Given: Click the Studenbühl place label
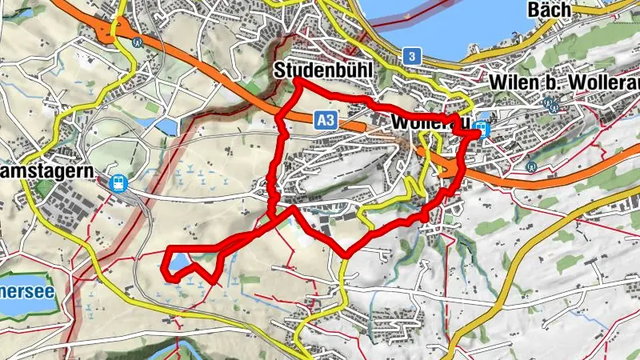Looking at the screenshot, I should pyautogui.click(x=324, y=70).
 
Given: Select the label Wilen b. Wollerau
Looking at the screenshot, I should pyautogui.click(x=563, y=82).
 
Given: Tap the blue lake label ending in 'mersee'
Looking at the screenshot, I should pyautogui.click(x=26, y=291).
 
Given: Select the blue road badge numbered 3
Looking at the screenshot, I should pyautogui.click(x=411, y=55).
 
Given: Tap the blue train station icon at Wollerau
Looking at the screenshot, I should pyautogui.click(x=482, y=128).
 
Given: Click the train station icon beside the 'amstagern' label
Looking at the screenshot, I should pyautogui.click(x=118, y=183).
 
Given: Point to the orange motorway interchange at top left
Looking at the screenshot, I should pyautogui.click(x=108, y=30).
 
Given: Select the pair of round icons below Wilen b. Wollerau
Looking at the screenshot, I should pyautogui.click(x=551, y=103).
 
